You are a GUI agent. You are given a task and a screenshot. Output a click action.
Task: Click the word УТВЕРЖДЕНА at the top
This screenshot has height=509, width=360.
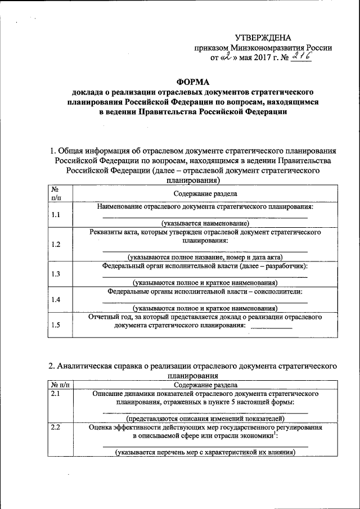263,38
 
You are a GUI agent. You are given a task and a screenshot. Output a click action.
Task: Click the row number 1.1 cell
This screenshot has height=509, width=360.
56,215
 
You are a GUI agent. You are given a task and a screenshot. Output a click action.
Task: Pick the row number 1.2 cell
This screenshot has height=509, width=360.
56,244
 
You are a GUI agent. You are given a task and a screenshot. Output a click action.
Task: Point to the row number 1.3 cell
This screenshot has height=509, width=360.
56,274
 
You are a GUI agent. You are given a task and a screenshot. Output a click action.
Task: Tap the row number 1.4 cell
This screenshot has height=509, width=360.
56,300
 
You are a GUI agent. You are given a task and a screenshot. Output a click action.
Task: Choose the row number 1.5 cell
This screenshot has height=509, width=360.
56,325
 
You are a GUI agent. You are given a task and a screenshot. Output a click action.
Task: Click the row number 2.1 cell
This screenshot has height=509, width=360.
55,394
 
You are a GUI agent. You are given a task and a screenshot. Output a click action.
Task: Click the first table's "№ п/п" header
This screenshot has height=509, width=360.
56,193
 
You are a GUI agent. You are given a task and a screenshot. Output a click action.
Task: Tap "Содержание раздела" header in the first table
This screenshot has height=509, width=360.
205,193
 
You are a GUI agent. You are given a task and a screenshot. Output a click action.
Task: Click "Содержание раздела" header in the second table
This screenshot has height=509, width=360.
205,385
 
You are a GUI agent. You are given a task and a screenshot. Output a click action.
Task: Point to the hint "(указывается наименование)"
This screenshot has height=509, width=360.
205,223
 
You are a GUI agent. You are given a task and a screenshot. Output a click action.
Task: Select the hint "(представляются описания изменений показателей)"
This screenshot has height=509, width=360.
205,418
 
